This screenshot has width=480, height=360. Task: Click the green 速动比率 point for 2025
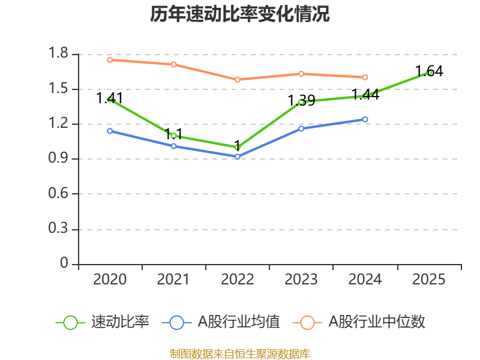pos(429,73)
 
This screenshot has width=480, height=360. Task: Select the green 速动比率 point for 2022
pos(238,147)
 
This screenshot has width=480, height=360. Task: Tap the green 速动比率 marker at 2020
pos(110,100)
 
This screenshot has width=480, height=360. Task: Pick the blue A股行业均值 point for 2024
pos(365,119)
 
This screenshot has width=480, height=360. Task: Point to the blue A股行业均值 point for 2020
pos(110,131)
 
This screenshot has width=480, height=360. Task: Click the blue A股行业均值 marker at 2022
pos(238,157)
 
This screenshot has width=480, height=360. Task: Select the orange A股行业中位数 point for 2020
pos(110,59)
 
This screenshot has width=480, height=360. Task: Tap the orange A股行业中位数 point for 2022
pos(238,79)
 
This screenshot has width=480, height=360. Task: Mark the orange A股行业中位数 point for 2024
pos(365,77)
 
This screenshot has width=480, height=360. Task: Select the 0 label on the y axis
pos(65,264)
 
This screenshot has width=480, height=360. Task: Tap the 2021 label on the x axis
pos(173,280)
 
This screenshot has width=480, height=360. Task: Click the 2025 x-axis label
pos(429,280)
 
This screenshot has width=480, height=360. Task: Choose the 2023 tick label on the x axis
pos(301,280)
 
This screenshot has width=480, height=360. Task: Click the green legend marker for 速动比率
pos(70,322)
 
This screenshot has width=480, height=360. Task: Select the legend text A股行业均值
pos(239,322)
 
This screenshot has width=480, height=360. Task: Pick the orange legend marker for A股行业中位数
pos(307,322)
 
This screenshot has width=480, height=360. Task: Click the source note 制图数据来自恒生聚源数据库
pos(240,353)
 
